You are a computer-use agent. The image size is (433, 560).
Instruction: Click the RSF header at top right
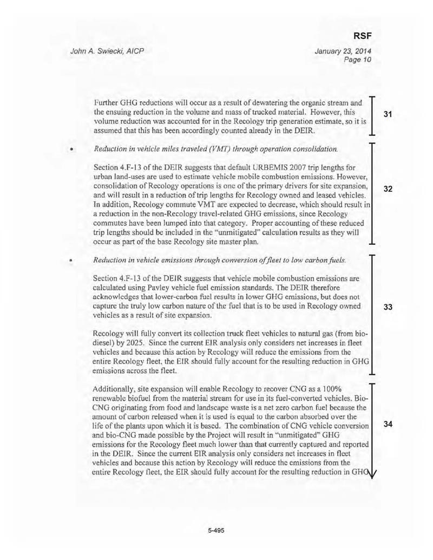(361, 36)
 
